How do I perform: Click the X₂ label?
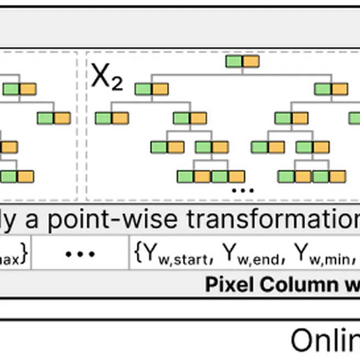coord(107,77)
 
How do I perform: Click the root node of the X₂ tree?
coord(242,61)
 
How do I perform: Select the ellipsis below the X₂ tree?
coord(242,190)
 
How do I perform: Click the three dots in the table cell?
coord(80,254)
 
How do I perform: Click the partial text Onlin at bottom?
coord(324,341)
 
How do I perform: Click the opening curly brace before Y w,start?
coord(137,253)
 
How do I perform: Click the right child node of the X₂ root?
coord(331,89)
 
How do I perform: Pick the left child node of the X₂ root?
coord(152,89)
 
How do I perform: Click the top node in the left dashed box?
coord(19,89)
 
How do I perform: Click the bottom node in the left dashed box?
coord(16,176)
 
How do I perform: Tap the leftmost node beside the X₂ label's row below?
coord(112,118)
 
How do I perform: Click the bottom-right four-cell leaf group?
coord(312,176)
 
